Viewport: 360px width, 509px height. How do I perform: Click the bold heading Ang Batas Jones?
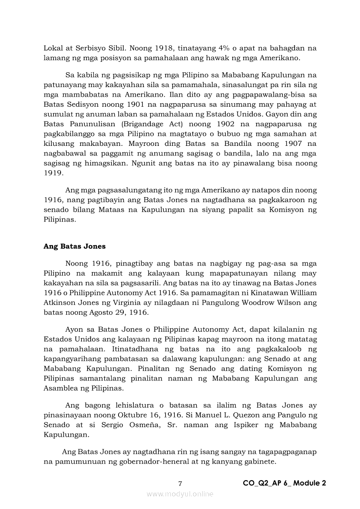point(75,246)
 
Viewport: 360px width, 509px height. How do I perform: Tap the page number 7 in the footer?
point(180,483)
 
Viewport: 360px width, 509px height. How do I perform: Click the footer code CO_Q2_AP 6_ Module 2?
point(284,483)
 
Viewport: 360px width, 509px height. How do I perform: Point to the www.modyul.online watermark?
point(180,494)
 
